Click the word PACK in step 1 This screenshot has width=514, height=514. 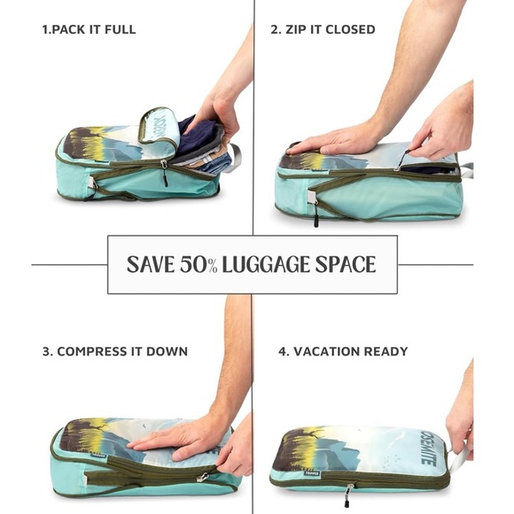pos(71,29)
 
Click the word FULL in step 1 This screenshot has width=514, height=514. pos(120,29)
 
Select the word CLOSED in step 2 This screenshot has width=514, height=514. pos(351,29)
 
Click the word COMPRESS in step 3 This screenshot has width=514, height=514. pos(95,351)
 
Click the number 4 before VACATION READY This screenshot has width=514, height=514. pos(282,351)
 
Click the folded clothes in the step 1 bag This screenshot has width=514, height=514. pos(206,147)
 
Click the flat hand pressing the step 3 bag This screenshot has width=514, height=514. pos(182,438)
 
